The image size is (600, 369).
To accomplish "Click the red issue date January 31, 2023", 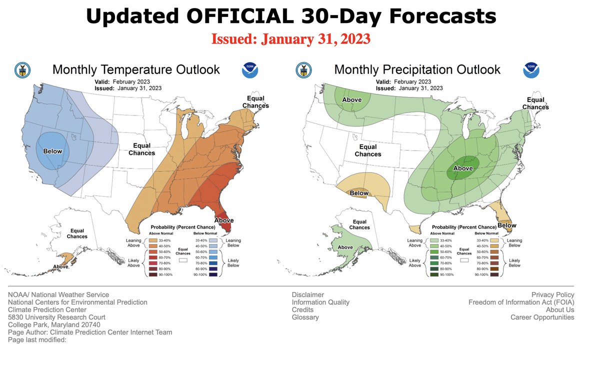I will click(x=290, y=38).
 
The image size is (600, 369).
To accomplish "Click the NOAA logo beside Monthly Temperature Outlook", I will click(x=249, y=70).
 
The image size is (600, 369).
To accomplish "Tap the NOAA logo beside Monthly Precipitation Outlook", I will click(x=531, y=70).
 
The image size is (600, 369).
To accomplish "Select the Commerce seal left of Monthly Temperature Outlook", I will click(x=22, y=70).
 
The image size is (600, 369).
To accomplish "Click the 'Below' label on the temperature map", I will click(x=52, y=151).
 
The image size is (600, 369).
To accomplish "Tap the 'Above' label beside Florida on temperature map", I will click(x=223, y=220).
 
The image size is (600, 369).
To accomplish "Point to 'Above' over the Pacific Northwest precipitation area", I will click(x=351, y=100).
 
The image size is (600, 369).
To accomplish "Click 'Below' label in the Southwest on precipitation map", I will click(x=359, y=193).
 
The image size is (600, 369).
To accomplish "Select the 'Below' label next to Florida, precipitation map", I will click(x=506, y=225).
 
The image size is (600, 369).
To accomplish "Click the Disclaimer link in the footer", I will click(x=307, y=294).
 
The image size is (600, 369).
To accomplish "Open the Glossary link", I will click(x=305, y=317).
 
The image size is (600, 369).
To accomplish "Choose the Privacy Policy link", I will click(x=552, y=294).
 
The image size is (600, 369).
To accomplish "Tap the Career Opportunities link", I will click(x=542, y=317).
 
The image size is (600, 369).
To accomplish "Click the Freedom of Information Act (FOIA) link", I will click(x=521, y=302).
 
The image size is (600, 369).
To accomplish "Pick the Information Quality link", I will click(x=320, y=302).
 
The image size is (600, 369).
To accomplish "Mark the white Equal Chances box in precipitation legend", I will click(x=465, y=260).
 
